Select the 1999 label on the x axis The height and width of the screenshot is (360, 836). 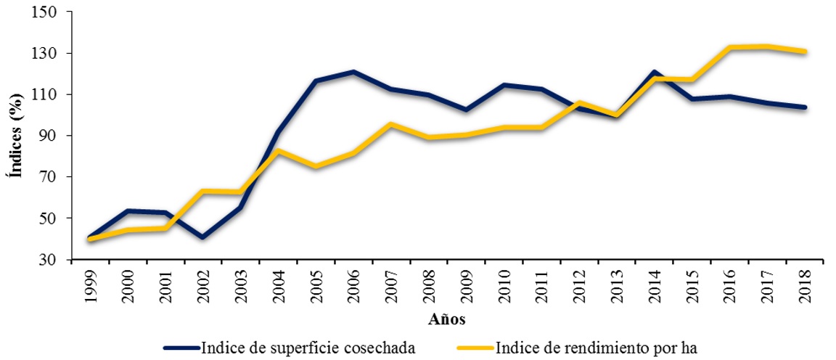(91, 285)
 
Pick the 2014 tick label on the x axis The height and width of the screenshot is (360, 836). (653, 285)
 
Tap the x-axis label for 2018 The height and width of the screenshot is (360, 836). (803, 285)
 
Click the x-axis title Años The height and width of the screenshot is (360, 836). (446, 319)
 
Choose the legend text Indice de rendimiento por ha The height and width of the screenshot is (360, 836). (596, 348)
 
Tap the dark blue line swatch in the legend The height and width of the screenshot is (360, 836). (181, 348)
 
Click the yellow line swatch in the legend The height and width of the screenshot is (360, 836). (475, 348)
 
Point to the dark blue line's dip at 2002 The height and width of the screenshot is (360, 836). (203, 237)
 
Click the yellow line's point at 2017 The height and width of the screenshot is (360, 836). (766, 46)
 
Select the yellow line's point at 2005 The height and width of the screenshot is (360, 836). (316, 166)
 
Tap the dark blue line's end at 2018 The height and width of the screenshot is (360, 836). (803, 107)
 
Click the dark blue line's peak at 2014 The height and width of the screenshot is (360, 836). (654, 72)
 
